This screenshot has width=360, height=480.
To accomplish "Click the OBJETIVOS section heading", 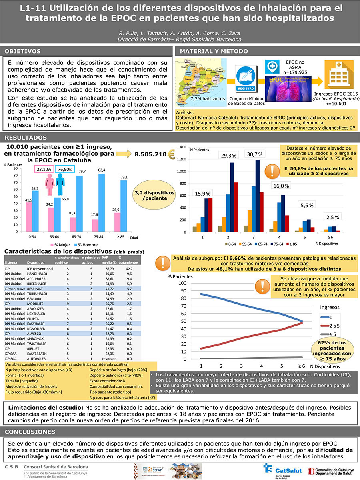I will tap(24, 51).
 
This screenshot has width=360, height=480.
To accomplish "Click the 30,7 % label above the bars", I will tap(254, 154).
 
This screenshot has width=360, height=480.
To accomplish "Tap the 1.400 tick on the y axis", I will tap(181, 148).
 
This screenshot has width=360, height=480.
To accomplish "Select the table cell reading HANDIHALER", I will tap(37, 274).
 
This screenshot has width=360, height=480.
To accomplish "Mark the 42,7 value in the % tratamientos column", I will tap(130, 269).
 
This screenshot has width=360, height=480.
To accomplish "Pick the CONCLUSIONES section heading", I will tap(30, 432).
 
